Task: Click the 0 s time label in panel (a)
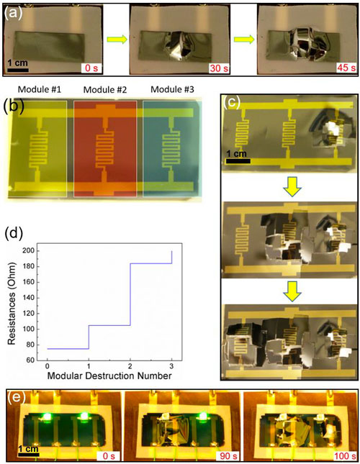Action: pos(91,68)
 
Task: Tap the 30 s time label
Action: pos(219,68)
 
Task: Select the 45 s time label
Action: pos(346,68)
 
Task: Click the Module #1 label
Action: pos(40,89)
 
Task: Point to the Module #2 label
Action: pos(105,90)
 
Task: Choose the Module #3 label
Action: pos(172,89)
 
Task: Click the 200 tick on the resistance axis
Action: pos(28,251)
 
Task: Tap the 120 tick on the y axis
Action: pos(28,314)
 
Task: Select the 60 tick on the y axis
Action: pos(30,360)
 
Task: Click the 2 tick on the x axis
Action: pos(130,367)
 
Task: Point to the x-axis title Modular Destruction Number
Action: pos(109,376)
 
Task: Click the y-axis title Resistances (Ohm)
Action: pos(12,304)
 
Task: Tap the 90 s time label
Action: pos(228,455)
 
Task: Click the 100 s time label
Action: pos(345,455)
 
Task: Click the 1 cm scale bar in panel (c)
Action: pos(238,161)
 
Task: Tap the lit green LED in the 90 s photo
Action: pos(203,417)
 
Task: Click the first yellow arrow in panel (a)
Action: pos(117,40)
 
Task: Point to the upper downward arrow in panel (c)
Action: pos(292,188)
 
